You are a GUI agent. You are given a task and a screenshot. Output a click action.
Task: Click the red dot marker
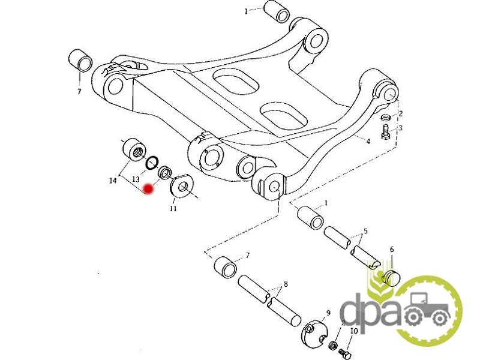point(148,189)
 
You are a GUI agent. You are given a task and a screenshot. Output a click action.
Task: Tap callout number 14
point(112,180)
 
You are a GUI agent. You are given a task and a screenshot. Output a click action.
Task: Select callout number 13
point(136,179)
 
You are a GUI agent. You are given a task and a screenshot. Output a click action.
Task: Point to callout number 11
point(173,209)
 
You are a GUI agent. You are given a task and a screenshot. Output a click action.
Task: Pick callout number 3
point(400,128)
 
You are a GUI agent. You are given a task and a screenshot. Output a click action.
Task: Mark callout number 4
point(368,142)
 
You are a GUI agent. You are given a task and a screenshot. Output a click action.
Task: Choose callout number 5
point(365,231)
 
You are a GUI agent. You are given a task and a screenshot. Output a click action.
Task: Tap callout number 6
point(391,249)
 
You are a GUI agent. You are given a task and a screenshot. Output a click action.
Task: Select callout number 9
point(328,313)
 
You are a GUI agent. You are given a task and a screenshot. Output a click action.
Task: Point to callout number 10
point(353,331)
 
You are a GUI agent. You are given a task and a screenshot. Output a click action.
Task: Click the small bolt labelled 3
point(386,130)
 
